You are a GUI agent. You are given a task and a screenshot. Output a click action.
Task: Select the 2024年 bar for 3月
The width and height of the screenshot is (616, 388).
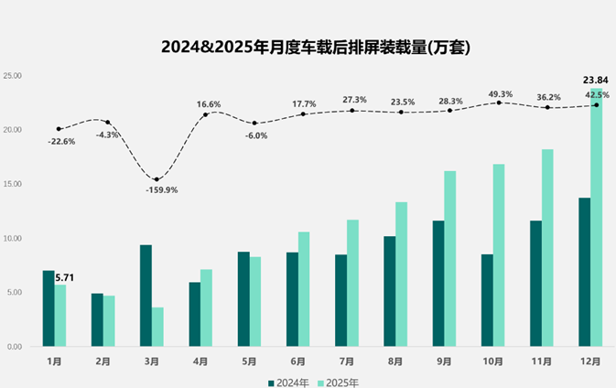point(146,296)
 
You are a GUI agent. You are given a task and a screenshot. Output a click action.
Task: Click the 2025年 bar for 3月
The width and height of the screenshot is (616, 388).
point(157,327)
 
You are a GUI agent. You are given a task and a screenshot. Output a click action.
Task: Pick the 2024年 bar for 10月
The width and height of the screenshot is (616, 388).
point(487,300)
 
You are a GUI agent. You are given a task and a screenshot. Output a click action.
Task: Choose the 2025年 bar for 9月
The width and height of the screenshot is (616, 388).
point(449,259)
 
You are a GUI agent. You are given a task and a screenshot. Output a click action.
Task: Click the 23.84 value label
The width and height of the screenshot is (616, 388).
point(595,80)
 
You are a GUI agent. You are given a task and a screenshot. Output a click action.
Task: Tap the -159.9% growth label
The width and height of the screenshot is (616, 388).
point(161,190)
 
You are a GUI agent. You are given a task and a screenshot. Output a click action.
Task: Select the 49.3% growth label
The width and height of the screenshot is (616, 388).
point(500,94)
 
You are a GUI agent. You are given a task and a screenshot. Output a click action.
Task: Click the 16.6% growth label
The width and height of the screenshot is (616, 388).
point(209,104)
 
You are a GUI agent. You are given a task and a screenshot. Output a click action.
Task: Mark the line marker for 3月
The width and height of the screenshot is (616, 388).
point(157,179)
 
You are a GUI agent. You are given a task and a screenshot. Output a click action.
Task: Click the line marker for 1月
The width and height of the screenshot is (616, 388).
point(59,129)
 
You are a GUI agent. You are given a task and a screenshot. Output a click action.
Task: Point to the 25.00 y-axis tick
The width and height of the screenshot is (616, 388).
point(13,76)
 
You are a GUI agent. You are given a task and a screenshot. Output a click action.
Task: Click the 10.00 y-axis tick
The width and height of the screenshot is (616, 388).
point(13,239)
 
